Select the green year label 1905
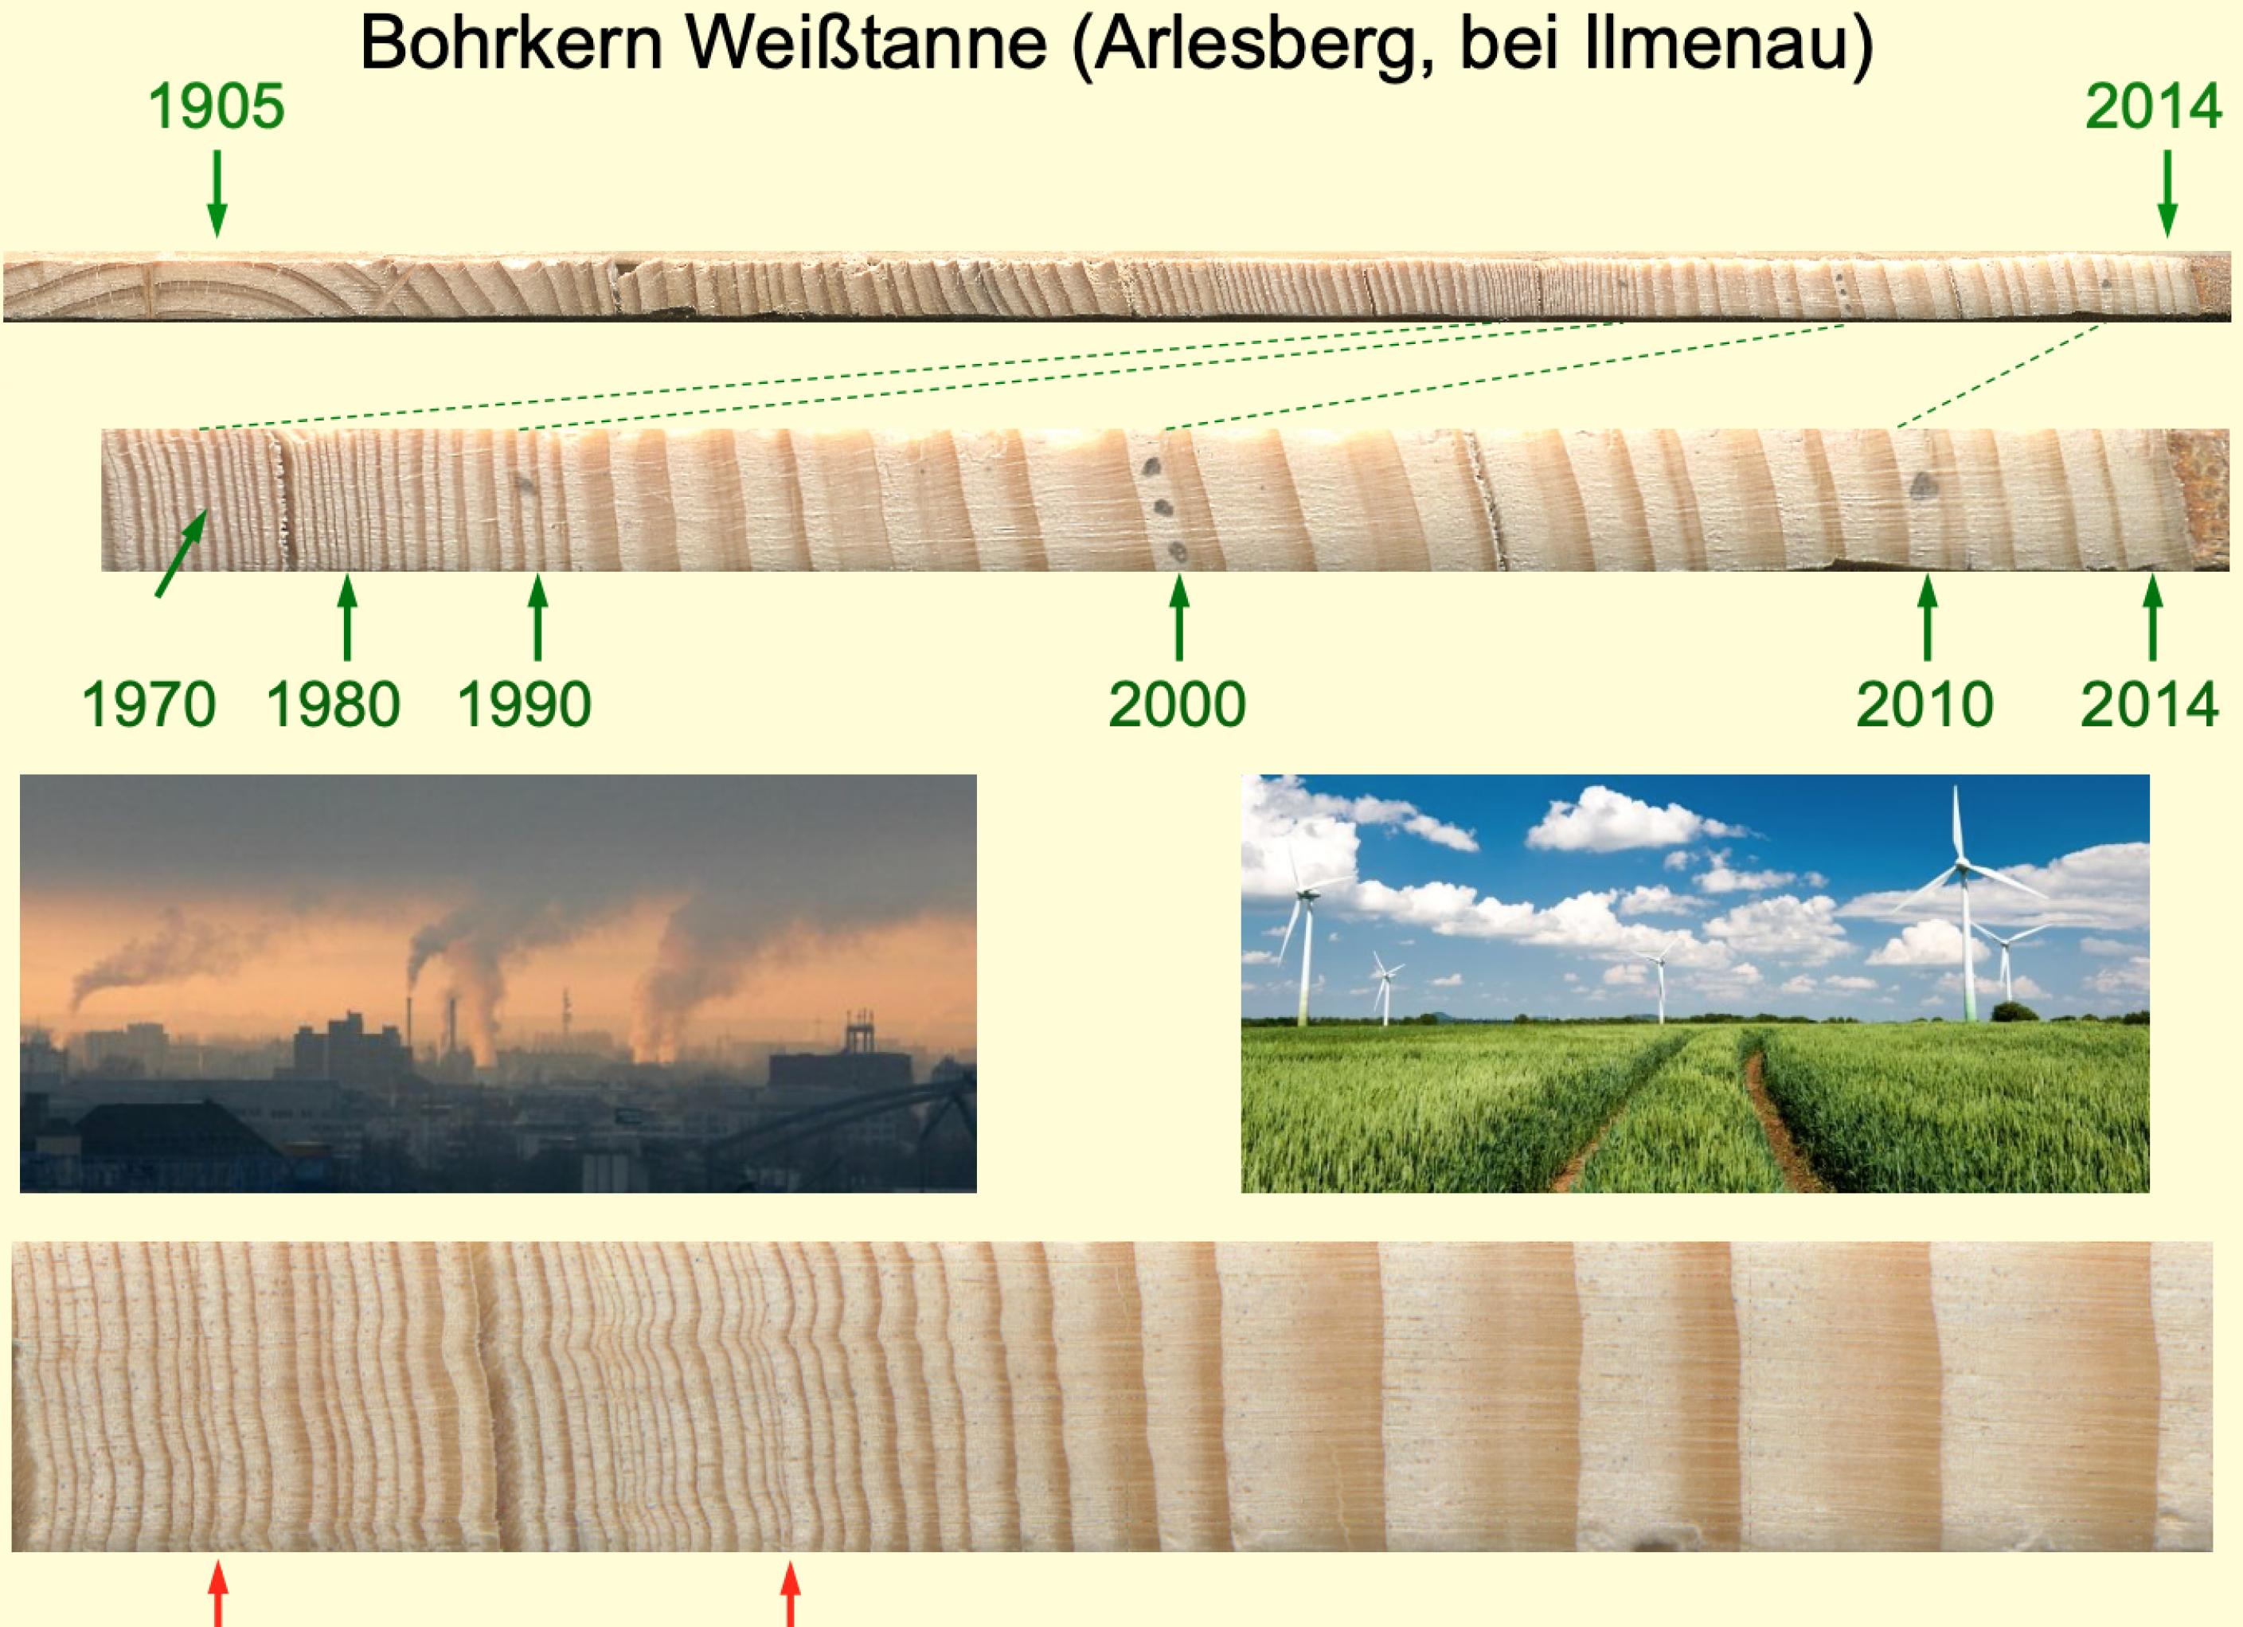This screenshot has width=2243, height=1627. pos(217,107)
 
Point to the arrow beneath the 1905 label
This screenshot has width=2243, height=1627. pos(217,193)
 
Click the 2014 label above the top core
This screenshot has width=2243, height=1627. pos(2153,107)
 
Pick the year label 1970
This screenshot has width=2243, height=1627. pos(148,704)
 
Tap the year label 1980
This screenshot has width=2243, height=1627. pos(334,704)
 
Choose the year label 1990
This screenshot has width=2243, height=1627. pos(524,704)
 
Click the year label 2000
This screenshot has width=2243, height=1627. pos(1177,704)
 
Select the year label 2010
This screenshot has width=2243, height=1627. pos(1924,704)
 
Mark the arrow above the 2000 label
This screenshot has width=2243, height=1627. pos(1178,617)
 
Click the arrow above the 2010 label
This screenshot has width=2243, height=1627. pos(1925,617)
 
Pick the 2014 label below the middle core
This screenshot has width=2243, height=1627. pos(2149,704)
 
